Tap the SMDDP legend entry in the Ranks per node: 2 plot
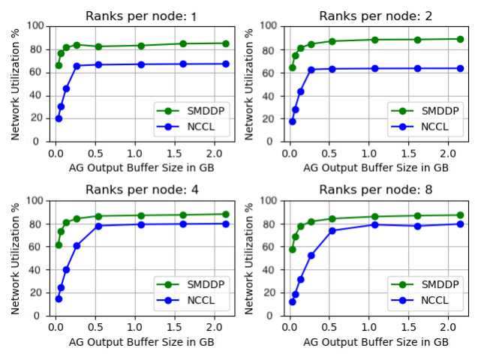[x=434, y=110]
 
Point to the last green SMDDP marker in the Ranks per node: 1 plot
[x=226, y=43]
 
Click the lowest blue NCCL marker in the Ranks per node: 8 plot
[x=292, y=301]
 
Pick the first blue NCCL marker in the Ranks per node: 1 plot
[x=59, y=118]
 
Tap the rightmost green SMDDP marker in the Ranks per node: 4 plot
[x=226, y=214]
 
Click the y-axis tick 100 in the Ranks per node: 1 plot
[x=35, y=25]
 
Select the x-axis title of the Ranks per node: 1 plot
[x=142, y=166]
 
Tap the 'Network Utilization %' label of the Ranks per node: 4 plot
[x=16, y=258]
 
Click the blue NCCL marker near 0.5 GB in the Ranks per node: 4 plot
[x=98, y=226]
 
